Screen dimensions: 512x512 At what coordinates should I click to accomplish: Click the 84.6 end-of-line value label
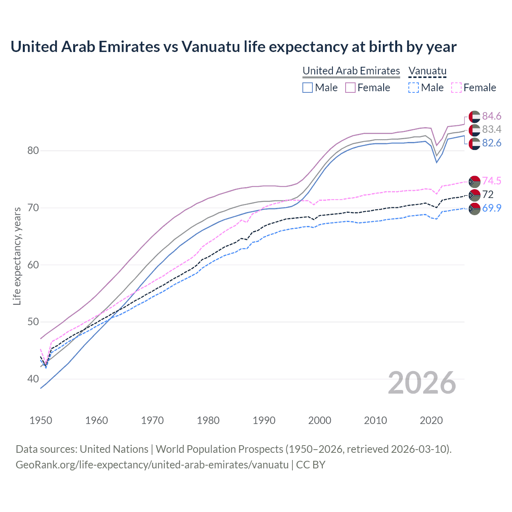(492, 116)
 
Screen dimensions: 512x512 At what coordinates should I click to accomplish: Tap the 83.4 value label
(492, 129)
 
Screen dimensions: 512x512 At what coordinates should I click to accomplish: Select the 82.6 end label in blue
(492, 143)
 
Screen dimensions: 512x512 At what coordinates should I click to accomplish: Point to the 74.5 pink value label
(492, 181)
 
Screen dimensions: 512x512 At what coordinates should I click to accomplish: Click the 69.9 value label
(492, 208)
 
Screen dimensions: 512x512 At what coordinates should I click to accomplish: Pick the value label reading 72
(488, 194)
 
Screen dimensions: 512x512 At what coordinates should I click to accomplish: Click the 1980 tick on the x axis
(208, 420)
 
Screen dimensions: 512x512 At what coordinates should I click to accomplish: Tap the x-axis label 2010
(375, 420)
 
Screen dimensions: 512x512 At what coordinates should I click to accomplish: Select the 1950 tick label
(41, 420)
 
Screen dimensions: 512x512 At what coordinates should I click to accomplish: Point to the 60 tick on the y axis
(33, 265)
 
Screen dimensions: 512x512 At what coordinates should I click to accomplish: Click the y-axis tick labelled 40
(33, 379)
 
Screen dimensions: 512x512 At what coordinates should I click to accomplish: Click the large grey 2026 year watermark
(422, 383)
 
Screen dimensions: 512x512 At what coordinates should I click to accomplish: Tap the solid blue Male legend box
(307, 88)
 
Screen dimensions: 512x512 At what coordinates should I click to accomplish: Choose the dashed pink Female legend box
(456, 88)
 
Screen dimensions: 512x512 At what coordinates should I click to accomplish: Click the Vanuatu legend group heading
(427, 71)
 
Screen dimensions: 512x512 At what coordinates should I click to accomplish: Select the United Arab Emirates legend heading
(351, 71)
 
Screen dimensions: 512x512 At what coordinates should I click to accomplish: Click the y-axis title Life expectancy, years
(17, 256)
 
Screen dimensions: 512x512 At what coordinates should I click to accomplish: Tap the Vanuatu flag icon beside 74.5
(474, 181)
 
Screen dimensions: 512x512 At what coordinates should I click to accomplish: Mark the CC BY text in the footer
(310, 465)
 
